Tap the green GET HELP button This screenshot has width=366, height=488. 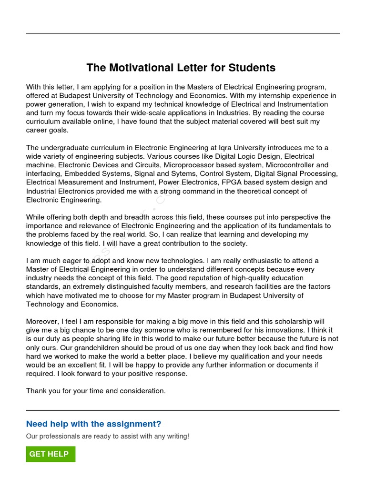pyautogui.click(x=51, y=454)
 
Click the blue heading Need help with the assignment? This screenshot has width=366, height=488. pyautogui.click(x=93, y=424)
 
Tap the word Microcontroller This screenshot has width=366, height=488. pyautogui.click(x=291, y=165)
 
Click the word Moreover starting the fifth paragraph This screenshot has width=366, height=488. pyautogui.click(x=43, y=322)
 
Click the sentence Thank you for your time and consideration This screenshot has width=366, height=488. pyautogui.click(x=96, y=391)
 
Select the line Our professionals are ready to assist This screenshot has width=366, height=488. pyautogui.click(x=107, y=436)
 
